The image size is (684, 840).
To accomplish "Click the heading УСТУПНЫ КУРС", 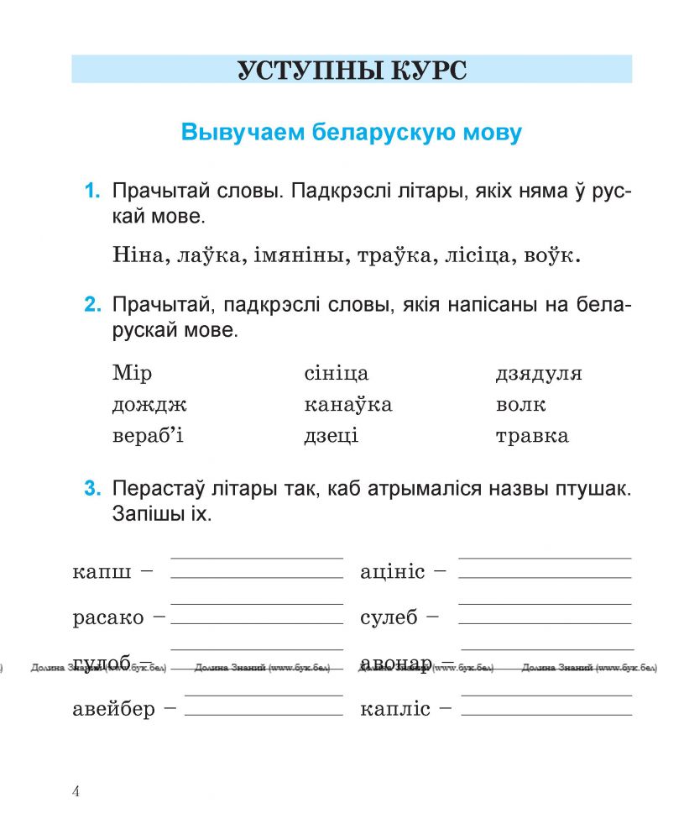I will (351, 70).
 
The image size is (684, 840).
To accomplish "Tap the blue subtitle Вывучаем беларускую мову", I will (351, 133).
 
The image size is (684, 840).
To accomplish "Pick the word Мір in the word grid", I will (132, 374).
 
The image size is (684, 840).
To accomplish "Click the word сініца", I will (336, 374).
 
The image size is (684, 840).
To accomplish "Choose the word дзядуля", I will (538, 374).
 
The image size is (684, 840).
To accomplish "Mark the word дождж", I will (149, 406).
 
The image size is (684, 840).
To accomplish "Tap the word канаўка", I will (347, 405).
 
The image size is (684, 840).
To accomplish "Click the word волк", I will (520, 405).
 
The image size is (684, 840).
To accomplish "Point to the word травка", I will (531, 436).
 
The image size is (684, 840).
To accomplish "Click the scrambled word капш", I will (102, 573).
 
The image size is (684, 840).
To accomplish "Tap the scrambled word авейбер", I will (114, 710).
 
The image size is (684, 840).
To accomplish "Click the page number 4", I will (76, 792).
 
